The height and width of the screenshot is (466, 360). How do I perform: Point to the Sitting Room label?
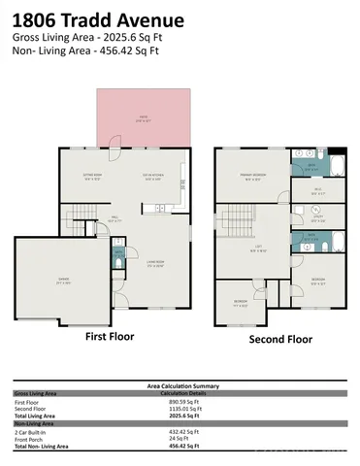93,178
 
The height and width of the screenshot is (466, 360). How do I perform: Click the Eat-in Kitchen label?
154,178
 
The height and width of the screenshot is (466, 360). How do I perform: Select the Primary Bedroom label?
253,177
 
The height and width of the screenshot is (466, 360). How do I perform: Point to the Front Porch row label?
30,438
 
